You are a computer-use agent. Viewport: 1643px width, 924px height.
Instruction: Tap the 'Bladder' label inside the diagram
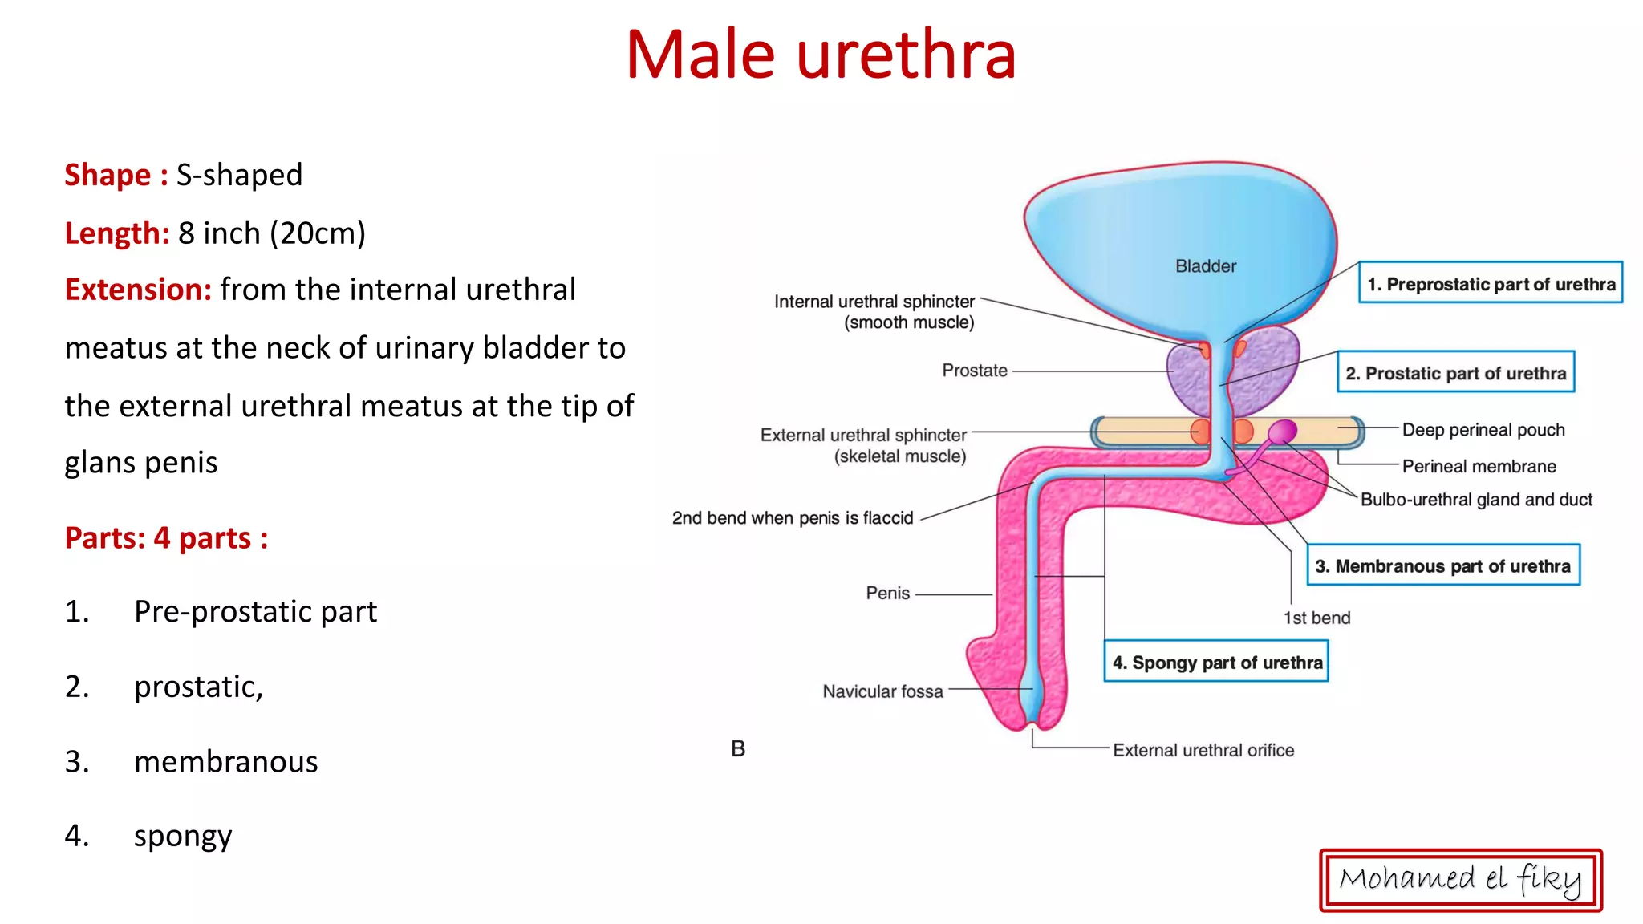point(1205,266)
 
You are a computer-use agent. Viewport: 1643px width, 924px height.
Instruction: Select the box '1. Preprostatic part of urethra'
point(1490,283)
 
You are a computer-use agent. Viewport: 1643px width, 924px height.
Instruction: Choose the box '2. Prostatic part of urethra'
point(1455,372)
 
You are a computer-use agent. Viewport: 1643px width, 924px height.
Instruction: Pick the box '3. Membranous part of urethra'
point(1442,565)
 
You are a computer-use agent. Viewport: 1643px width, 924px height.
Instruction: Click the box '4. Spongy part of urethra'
point(1216,662)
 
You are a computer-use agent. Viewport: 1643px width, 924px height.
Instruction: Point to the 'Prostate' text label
point(974,371)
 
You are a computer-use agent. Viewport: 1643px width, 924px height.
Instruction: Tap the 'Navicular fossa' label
point(882,691)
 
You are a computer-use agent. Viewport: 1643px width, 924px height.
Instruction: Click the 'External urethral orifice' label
point(1203,750)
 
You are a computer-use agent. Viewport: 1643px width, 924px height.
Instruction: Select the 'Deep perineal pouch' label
point(1483,430)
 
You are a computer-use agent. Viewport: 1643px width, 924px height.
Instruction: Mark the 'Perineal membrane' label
point(1479,466)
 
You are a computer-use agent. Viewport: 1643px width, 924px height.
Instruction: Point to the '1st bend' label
point(1316,618)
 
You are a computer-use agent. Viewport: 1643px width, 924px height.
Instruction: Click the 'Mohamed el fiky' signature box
point(1460,880)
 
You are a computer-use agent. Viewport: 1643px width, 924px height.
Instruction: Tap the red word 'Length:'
point(117,233)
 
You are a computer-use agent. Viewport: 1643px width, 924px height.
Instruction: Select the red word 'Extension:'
point(138,290)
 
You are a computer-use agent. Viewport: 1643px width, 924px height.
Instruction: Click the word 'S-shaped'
point(239,175)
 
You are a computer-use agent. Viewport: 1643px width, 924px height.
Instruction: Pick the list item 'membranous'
point(225,761)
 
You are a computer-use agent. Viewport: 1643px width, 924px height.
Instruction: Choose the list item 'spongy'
point(183,836)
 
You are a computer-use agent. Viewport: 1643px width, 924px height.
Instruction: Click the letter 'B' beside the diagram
point(738,748)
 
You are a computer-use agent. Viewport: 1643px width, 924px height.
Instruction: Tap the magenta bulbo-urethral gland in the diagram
point(1282,432)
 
